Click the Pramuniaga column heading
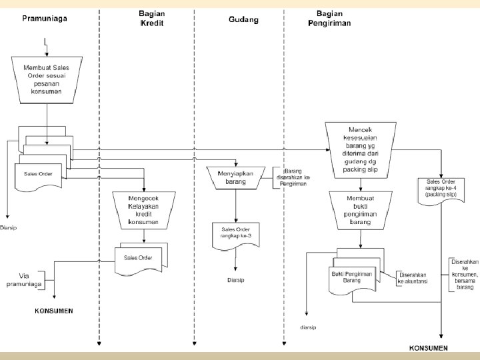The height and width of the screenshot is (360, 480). pos(44,19)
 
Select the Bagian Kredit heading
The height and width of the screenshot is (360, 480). pos(151,18)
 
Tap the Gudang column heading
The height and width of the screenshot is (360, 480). pos(243,19)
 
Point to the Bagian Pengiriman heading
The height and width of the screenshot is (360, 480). pos(329,18)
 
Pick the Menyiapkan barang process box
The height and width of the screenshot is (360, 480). pos(235,177)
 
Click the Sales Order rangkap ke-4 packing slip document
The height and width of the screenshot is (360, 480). pos(441,189)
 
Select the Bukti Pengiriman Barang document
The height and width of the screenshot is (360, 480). pos(352,277)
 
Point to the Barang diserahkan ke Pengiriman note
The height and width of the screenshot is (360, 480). pos(293,177)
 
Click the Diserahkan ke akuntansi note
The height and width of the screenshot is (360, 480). pos(412,278)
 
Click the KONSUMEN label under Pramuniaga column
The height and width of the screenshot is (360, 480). pos(54,311)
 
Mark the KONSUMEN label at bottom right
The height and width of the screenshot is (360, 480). pos(428,348)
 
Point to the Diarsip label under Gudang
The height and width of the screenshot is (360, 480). pos(235,280)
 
